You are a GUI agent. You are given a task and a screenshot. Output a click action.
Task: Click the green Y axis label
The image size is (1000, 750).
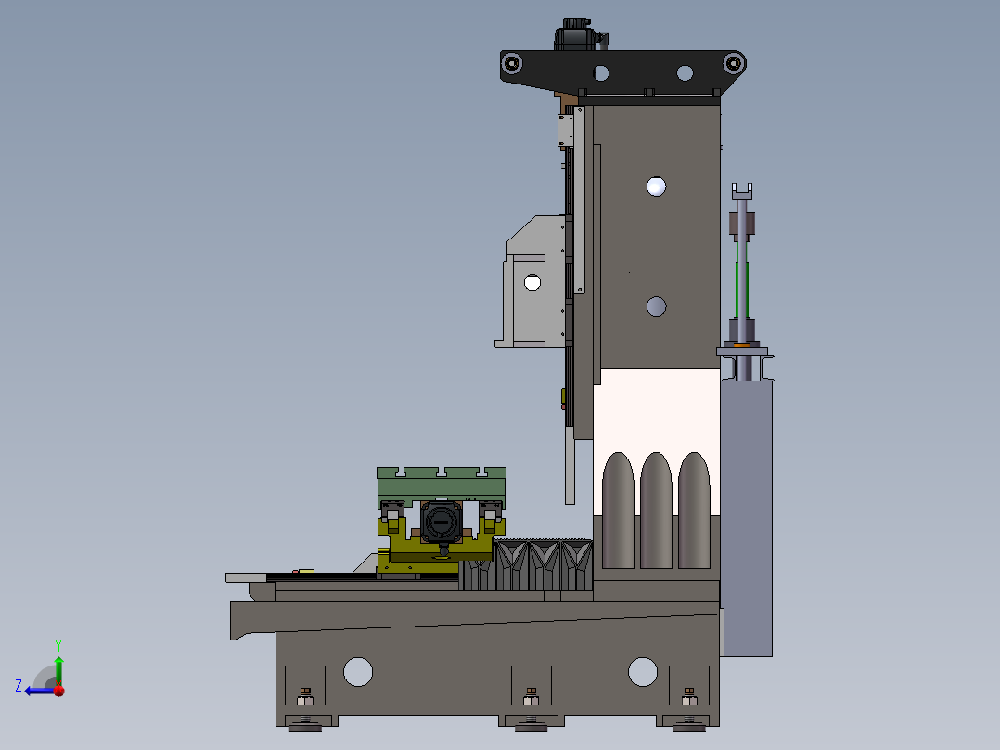[58, 645]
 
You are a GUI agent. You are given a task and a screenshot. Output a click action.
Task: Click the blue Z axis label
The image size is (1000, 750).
[19, 686]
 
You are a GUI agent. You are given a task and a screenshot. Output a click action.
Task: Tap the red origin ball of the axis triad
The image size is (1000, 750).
[59, 691]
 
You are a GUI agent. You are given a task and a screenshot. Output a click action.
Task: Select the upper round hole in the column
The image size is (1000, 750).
[656, 187]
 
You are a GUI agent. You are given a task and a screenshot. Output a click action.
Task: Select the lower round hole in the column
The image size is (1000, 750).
[656, 306]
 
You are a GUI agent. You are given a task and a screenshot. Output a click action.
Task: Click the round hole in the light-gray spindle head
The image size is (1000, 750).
[532, 282]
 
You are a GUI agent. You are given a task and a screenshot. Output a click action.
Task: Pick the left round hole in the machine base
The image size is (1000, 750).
[358, 671]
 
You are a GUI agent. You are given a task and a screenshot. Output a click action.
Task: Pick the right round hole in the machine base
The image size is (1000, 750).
[642, 671]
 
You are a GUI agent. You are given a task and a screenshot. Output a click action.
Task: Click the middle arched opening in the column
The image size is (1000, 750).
[656, 511]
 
